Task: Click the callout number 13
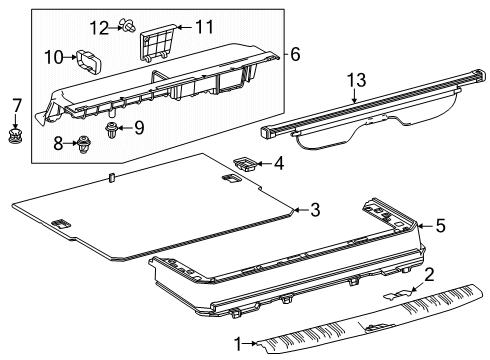coord(357,80)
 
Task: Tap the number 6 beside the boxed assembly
coord(295,54)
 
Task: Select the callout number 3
coord(315,210)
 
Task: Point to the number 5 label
coord(441,225)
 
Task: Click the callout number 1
coord(238,344)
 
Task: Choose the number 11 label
coord(204,27)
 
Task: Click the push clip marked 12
coord(128,25)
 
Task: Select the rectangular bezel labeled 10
coord(89,61)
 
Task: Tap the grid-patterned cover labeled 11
coord(157,43)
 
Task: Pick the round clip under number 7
coord(15,136)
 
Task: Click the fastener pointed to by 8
coord(83,144)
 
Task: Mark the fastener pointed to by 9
coord(110,130)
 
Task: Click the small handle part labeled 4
coord(245,164)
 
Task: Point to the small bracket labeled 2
coord(398,294)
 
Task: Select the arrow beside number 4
coord(263,163)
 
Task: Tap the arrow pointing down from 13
coord(354,95)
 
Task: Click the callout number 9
coord(139,128)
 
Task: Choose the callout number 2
coord(429,275)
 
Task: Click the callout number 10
coord(54,57)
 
